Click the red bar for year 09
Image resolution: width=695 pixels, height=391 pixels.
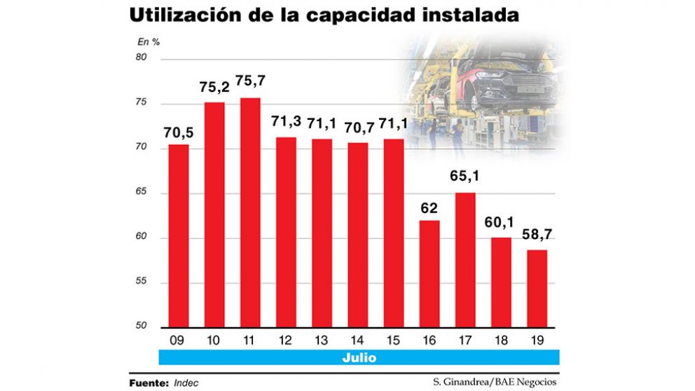tap(178, 236)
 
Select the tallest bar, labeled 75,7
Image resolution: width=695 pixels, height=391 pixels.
tap(250, 213)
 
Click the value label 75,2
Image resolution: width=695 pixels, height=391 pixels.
tap(214, 89)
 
